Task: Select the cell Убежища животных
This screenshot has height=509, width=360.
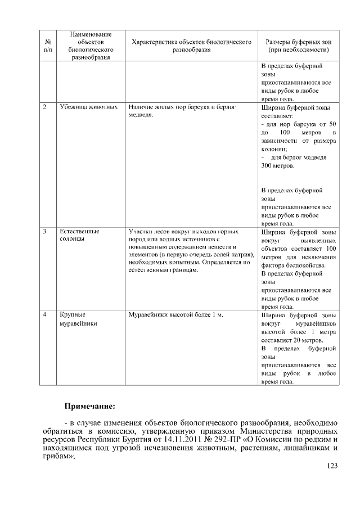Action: (88, 106)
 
